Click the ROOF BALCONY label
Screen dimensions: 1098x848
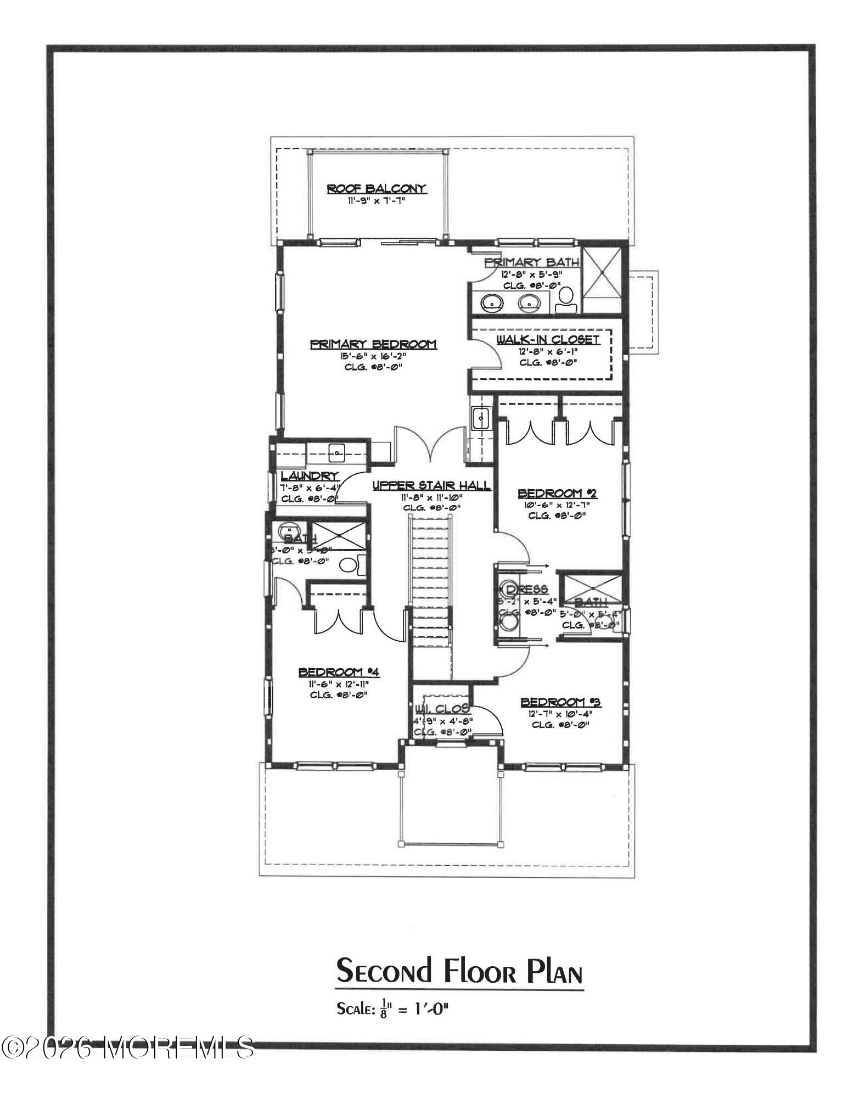pos(377,189)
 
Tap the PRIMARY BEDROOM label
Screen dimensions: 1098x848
pos(373,344)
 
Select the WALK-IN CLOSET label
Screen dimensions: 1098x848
pos(548,340)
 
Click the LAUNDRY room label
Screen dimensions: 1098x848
pos(310,476)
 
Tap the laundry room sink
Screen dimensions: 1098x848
pos(336,453)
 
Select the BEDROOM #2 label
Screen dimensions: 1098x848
pos(558,494)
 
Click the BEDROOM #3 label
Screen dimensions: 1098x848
pos(560,702)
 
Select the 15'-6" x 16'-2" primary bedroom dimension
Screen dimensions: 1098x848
pos(373,356)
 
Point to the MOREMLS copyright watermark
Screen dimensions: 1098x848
pos(128,1047)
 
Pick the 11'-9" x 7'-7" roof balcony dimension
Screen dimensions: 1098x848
pos(377,201)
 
